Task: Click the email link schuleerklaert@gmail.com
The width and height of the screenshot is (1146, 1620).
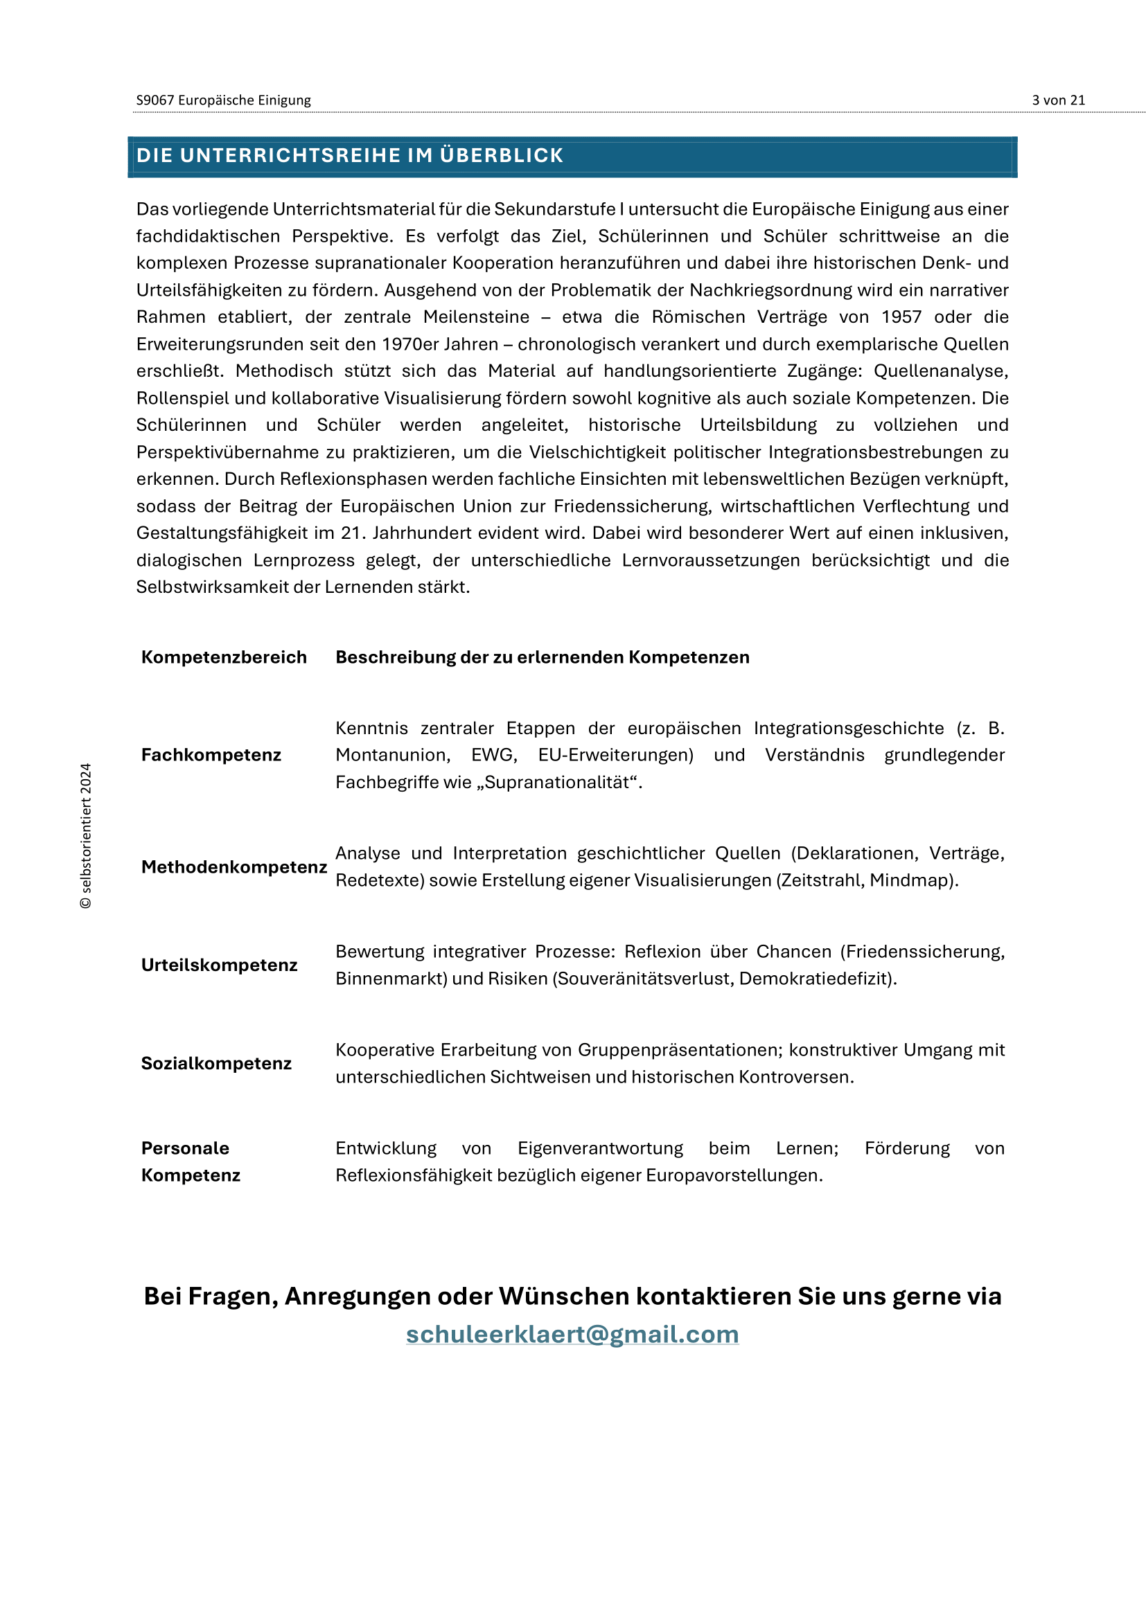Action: pyautogui.click(x=572, y=1334)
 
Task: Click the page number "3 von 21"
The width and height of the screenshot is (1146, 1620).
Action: pyautogui.click(x=1058, y=100)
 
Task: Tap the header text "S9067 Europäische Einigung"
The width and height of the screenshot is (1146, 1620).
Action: pyautogui.click(x=223, y=100)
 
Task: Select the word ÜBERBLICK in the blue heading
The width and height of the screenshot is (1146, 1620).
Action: pyautogui.click(x=501, y=155)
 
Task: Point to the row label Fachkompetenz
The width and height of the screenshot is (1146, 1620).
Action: pyautogui.click(x=211, y=755)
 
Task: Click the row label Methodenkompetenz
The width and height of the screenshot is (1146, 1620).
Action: pyautogui.click(x=233, y=867)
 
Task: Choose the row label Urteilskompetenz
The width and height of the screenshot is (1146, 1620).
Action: pyautogui.click(x=219, y=965)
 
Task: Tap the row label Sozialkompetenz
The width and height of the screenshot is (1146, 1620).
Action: pyautogui.click(x=216, y=1063)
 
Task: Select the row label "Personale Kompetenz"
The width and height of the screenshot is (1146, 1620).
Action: pyautogui.click(x=191, y=1161)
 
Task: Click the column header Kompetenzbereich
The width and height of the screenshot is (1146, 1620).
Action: pyautogui.click(x=224, y=657)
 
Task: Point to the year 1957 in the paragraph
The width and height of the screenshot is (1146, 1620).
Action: pyautogui.click(x=901, y=317)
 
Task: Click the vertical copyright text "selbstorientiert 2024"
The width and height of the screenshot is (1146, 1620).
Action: pyautogui.click(x=85, y=836)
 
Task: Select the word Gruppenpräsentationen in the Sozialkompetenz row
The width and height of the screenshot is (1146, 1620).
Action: pyautogui.click(x=680, y=1050)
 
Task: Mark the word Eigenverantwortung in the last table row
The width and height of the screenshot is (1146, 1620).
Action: pyautogui.click(x=600, y=1148)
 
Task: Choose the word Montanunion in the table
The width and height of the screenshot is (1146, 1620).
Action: pyautogui.click(x=391, y=755)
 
